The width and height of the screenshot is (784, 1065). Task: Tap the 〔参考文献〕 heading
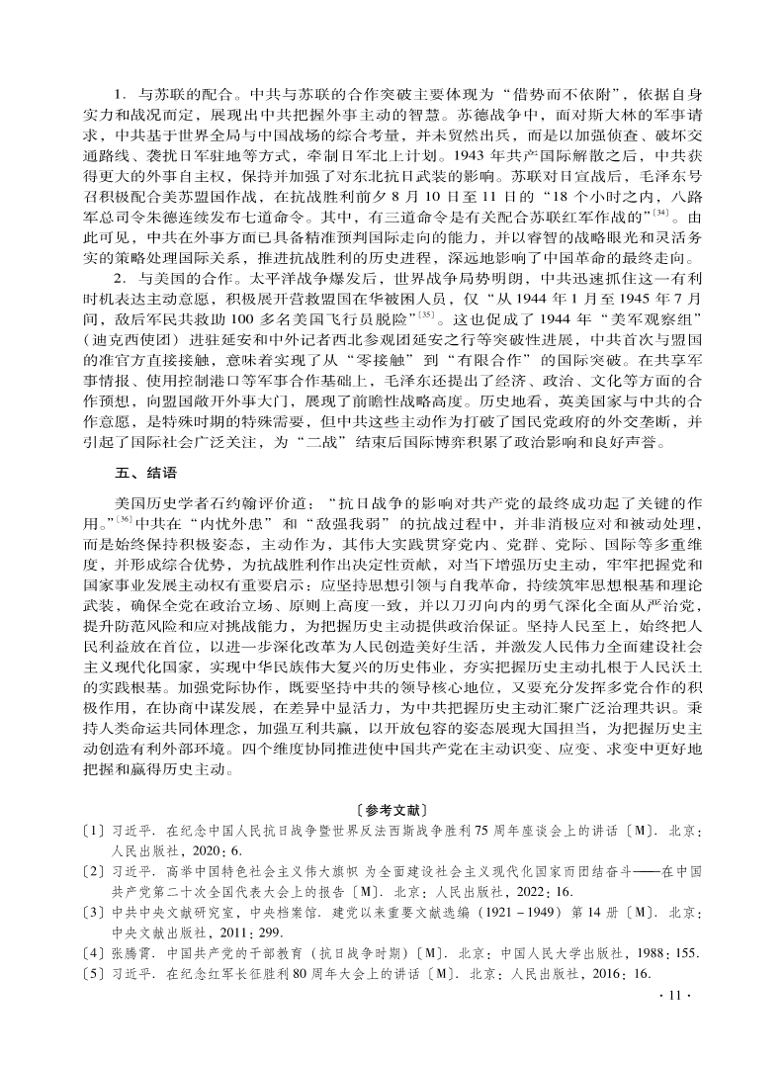(x=392, y=818)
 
